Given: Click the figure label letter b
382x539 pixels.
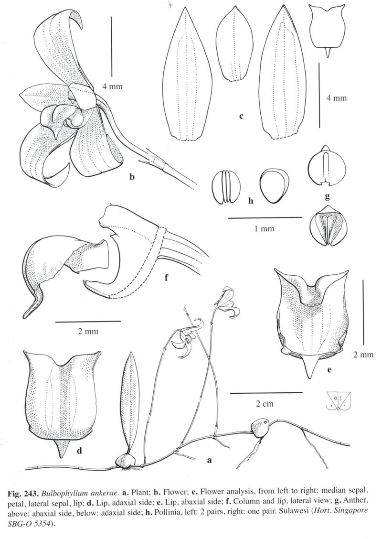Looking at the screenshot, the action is [132, 177].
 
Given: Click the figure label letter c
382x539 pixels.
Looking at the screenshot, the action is [241, 116].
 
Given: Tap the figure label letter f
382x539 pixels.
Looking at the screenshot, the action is [166, 277].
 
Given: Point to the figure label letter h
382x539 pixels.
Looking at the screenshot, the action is [250, 200].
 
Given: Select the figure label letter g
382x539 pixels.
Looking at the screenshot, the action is [327, 196].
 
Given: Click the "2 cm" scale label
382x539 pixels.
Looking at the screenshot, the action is [265, 404].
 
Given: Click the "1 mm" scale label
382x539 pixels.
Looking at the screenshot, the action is [264, 228].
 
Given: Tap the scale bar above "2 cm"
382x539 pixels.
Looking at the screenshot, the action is [266, 392].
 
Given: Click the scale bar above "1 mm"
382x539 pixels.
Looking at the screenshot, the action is [265, 217].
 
